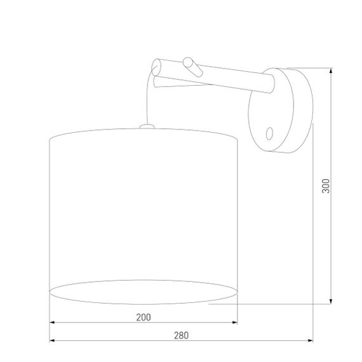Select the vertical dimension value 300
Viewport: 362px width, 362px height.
tap(326, 185)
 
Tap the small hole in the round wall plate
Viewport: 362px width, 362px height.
tap(269, 133)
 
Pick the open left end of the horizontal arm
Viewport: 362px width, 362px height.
tap(157, 65)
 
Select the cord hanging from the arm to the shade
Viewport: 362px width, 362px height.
tap(149, 102)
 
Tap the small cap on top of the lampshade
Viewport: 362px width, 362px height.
tap(146, 126)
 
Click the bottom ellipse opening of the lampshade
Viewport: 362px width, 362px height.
tap(144, 292)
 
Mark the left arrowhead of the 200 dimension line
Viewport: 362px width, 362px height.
tap(52, 323)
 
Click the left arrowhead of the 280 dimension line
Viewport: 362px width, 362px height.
tap(52, 341)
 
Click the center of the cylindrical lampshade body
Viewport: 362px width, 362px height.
tap(144, 210)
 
